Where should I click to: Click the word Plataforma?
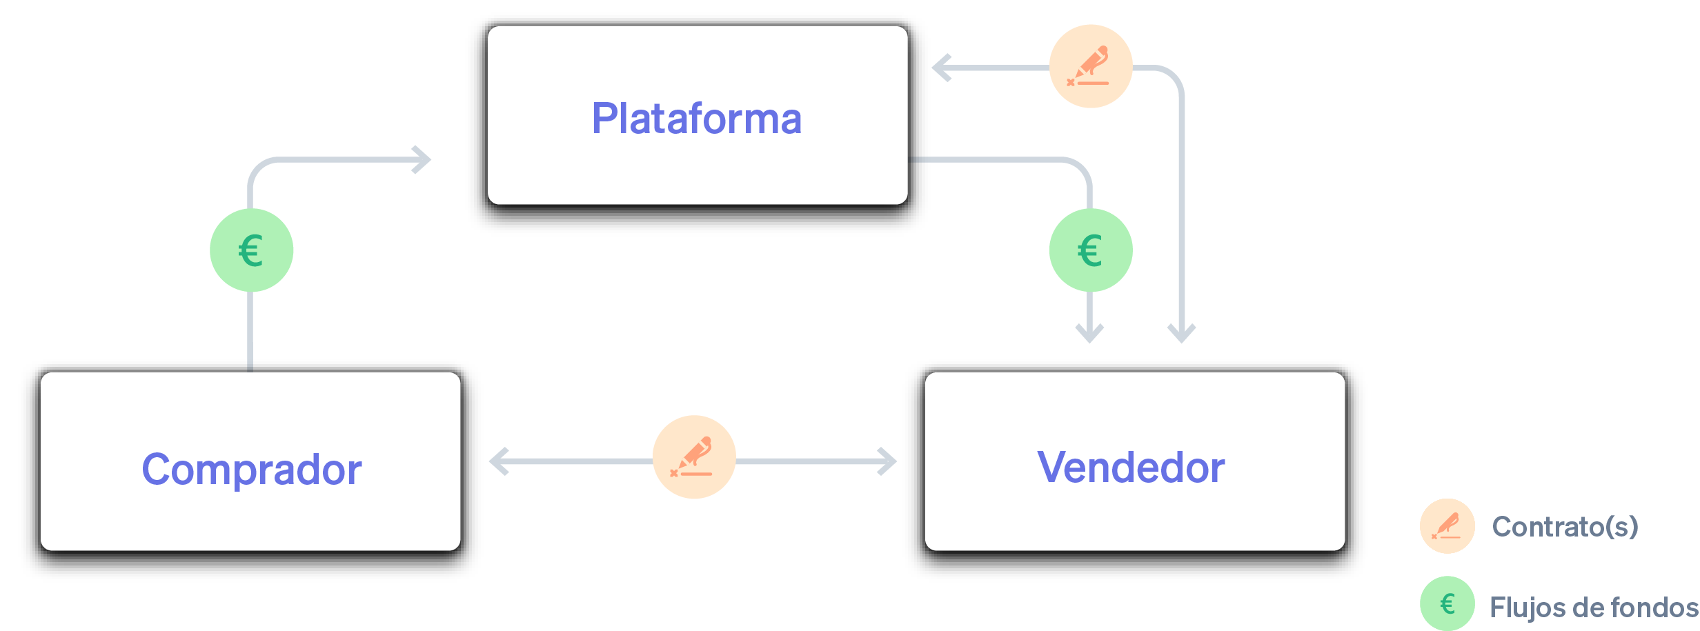pos(697,119)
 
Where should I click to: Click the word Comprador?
pos(251,470)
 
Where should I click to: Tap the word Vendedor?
pos(1131,468)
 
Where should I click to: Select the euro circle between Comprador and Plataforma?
pos(251,250)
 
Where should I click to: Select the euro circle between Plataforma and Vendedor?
pos(1090,250)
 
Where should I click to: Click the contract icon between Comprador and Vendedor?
pos(694,457)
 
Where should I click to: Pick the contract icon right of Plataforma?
pos(1090,66)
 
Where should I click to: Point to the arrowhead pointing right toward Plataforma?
pos(422,160)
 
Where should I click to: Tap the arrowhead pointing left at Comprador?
pos(498,461)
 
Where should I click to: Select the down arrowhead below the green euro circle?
pos(1090,334)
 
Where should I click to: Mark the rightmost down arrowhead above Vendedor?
pos(1181,334)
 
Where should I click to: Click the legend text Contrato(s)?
pos(1565,527)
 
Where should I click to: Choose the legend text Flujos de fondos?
pos(1592,608)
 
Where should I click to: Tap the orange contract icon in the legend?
pos(1447,526)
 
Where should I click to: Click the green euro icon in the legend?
pos(1447,603)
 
